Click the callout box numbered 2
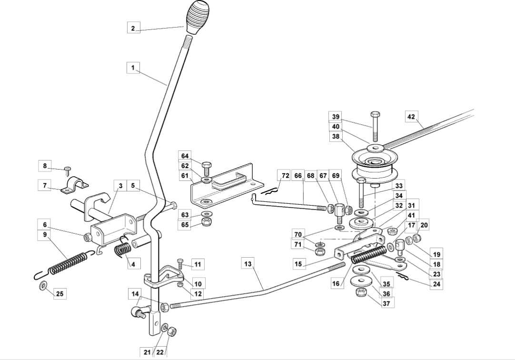point(133,28)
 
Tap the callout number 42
point(411,117)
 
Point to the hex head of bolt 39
point(376,115)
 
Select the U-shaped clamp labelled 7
point(75,185)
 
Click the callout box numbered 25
point(60,294)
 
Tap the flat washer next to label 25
point(43,285)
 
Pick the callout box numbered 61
point(185,176)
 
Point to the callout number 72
point(286,176)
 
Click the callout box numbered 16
point(336,283)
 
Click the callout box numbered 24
point(436,284)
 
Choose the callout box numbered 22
point(160,352)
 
